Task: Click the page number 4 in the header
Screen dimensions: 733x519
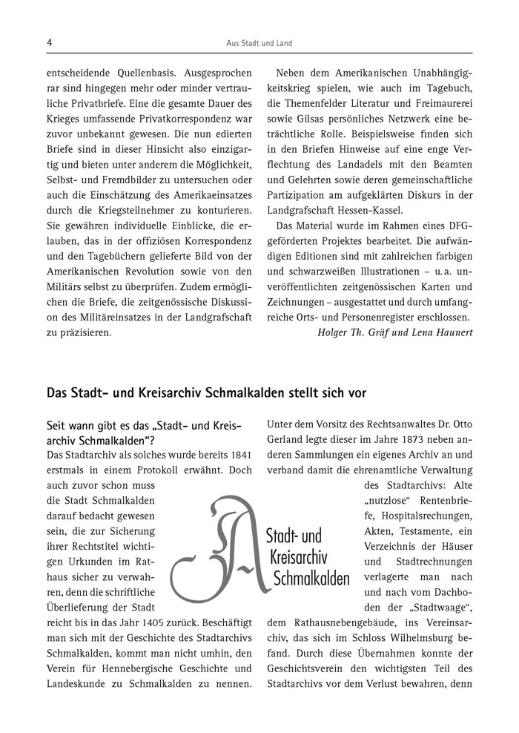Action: [49, 44]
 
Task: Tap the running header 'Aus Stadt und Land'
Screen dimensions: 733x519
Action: [259, 44]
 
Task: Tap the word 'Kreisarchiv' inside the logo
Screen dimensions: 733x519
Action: [299, 556]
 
